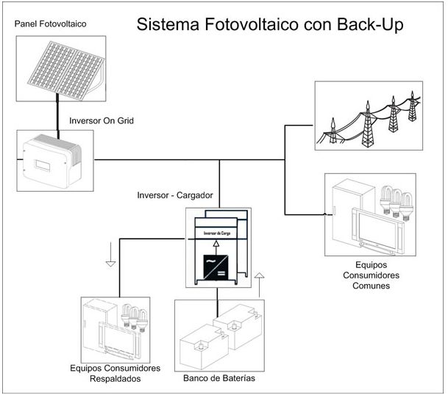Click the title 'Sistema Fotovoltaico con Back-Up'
[x=268, y=26]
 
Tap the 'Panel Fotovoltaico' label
[x=50, y=24]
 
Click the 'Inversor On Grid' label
[x=101, y=120]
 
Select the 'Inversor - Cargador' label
[x=175, y=196]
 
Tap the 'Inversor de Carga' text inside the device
[x=217, y=232]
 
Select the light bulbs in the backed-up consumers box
[x=135, y=316]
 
